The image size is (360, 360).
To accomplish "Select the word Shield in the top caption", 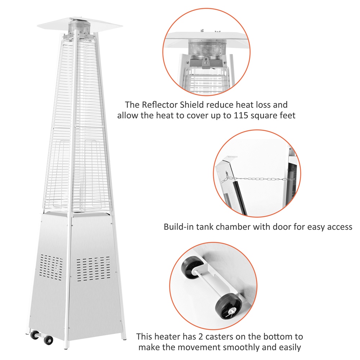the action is [x=192, y=105].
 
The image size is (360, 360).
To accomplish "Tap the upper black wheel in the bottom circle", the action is [x=191, y=267].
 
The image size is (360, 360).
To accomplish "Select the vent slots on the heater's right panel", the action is [x=93, y=269].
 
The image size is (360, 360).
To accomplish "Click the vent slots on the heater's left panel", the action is [x=51, y=267].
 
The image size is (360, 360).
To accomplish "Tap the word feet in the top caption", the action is [x=287, y=115].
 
